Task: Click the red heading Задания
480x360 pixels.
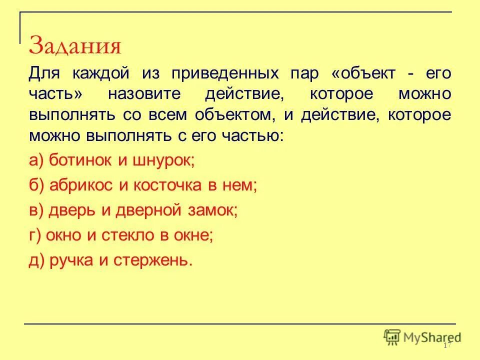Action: tap(75, 46)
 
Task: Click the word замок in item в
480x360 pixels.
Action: tap(212, 210)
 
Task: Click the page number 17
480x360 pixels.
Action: tap(447, 346)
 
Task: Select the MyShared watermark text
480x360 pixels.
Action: tap(433, 337)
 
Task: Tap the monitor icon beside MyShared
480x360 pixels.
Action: tap(393, 336)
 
